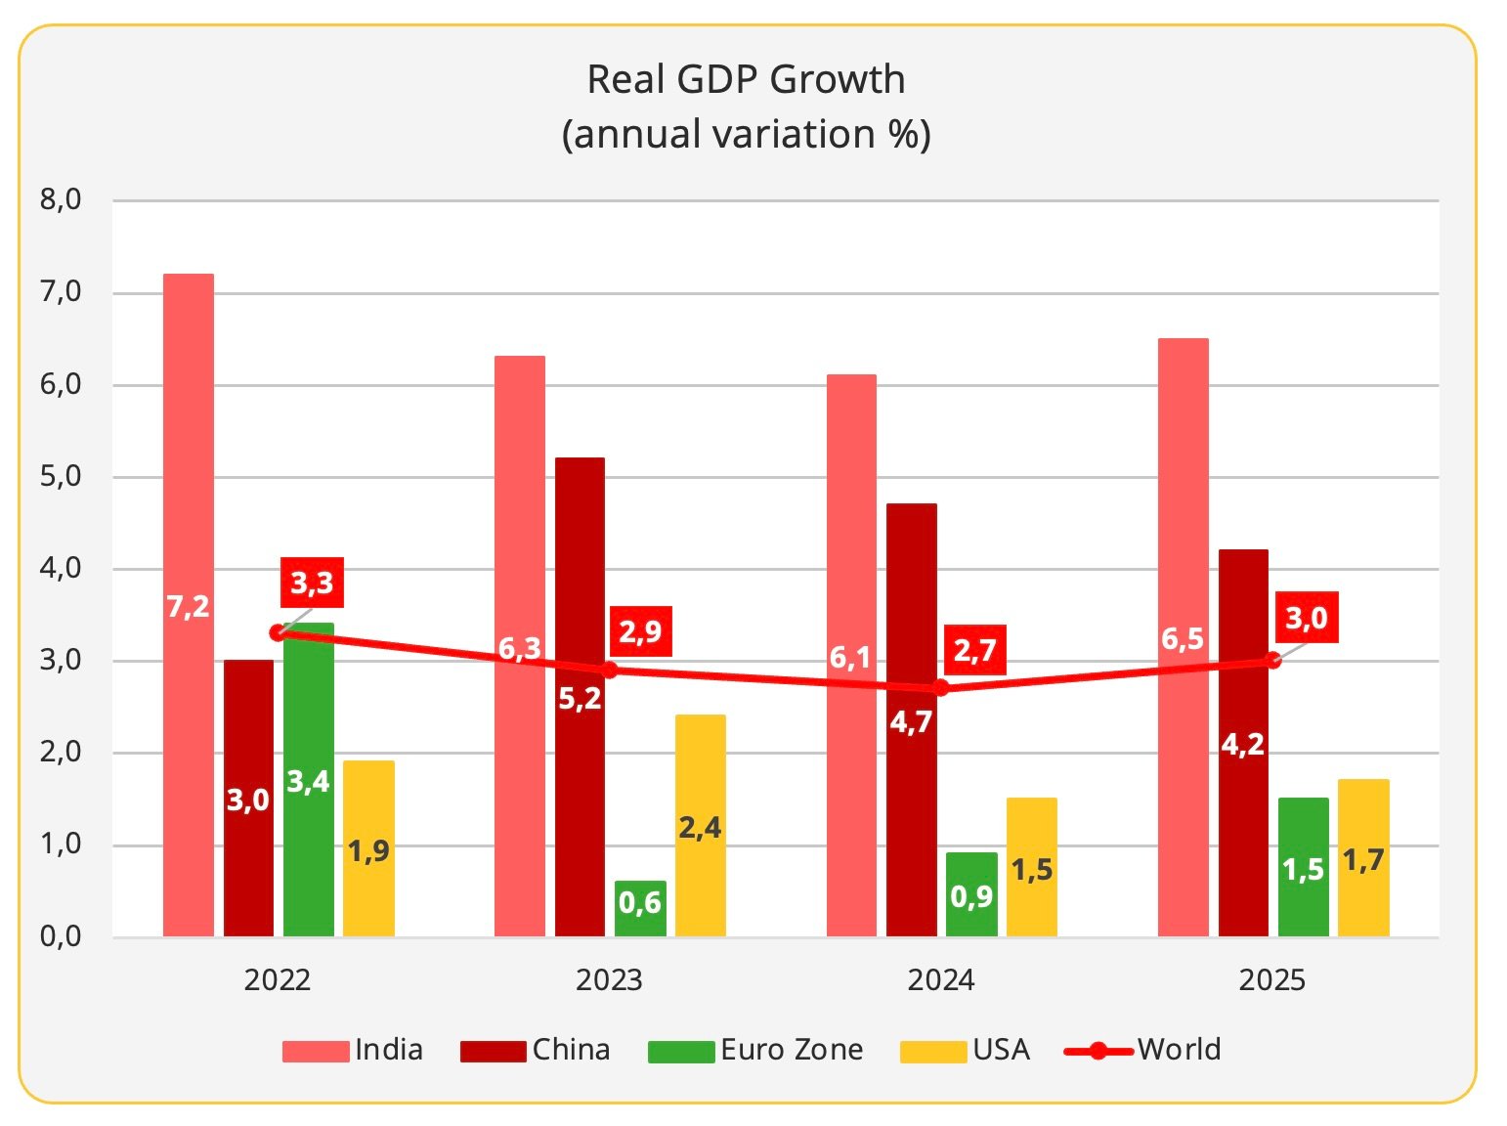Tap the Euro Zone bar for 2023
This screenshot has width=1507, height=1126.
[x=640, y=909]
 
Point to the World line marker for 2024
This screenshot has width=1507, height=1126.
[x=940, y=687]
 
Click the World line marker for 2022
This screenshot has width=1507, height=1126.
[x=277, y=632]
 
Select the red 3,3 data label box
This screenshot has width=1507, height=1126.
[x=312, y=584]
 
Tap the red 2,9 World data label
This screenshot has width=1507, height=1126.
[x=640, y=631]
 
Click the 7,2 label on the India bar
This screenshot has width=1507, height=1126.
[x=188, y=607]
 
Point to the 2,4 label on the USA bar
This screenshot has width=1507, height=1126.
[x=700, y=828]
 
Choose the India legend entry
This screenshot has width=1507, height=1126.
[x=353, y=1050]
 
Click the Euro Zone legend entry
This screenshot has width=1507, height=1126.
[x=755, y=1050]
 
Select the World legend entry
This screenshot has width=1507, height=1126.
[x=1143, y=1050]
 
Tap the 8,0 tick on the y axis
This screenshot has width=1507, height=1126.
[x=61, y=200]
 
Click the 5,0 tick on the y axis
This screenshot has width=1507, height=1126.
[x=61, y=477]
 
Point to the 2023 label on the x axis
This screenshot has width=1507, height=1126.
[x=609, y=979]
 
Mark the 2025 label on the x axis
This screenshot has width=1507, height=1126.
[x=1271, y=979]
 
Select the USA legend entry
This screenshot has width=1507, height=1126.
[x=966, y=1050]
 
